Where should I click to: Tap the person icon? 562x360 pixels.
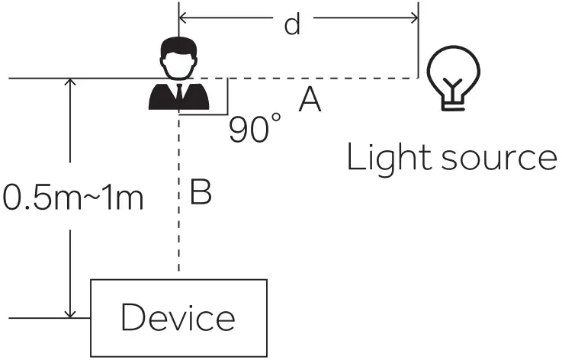[x=178, y=76]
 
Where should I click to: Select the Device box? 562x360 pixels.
[x=179, y=317]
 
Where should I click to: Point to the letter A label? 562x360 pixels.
[x=310, y=100]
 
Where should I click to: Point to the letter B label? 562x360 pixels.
[x=200, y=194]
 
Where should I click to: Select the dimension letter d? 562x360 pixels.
[x=291, y=24]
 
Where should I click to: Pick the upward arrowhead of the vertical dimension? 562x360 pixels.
[x=70, y=84]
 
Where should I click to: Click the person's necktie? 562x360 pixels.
[x=178, y=93]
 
